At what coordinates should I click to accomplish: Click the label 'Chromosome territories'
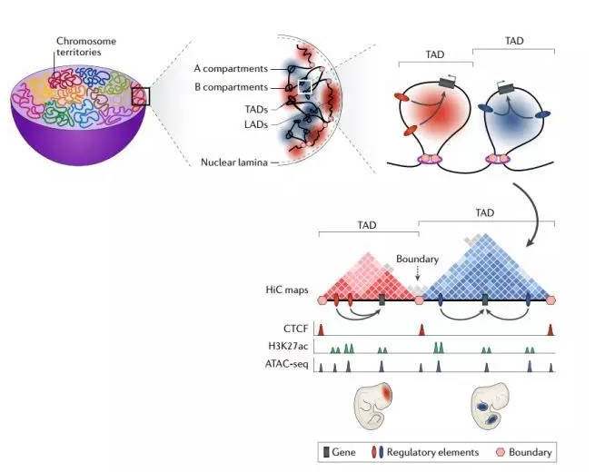(x=86, y=46)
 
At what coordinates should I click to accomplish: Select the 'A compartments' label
(x=231, y=68)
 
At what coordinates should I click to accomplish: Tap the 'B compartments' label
(x=231, y=87)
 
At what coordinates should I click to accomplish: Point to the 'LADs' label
(x=257, y=124)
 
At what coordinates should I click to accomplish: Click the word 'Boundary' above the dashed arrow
(x=417, y=260)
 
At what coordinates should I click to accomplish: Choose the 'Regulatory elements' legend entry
(x=418, y=451)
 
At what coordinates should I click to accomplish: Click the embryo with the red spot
(x=373, y=404)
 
